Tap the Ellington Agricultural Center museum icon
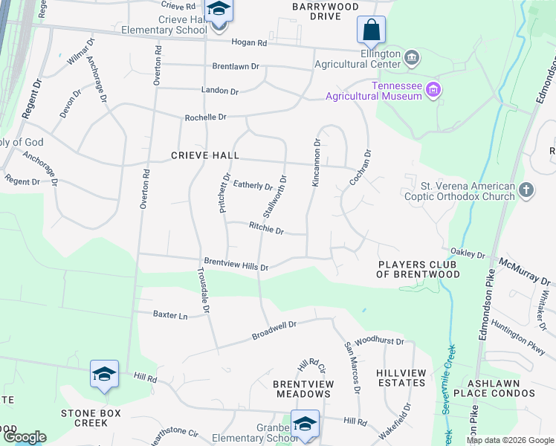(x=412, y=57)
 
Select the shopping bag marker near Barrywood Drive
(x=371, y=31)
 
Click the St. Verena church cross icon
(x=526, y=191)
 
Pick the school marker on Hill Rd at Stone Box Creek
(x=104, y=375)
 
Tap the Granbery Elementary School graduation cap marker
(x=304, y=424)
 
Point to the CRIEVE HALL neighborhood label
(x=205, y=155)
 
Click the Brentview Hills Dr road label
(x=236, y=265)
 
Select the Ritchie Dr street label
(x=266, y=230)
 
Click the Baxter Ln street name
(x=170, y=315)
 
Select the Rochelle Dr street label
(x=205, y=117)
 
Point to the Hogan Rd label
(x=249, y=43)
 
